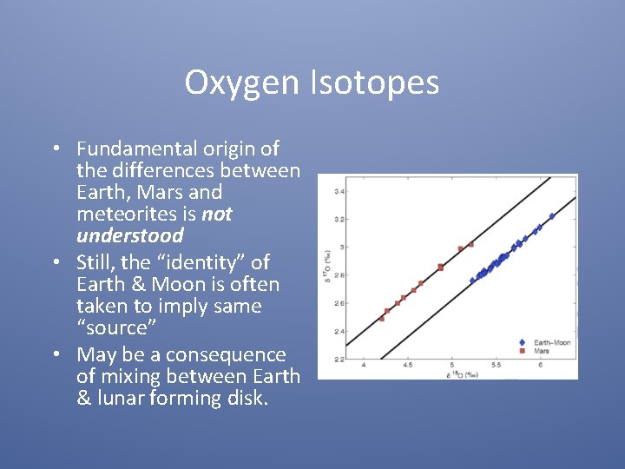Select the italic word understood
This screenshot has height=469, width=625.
tap(130, 235)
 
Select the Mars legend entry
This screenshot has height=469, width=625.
tap(540, 351)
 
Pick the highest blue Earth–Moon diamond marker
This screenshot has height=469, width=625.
tap(551, 216)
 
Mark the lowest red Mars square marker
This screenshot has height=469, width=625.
tap(381, 319)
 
